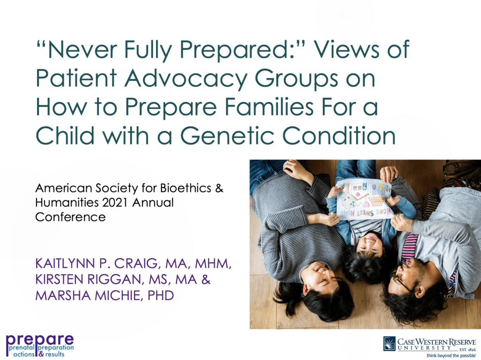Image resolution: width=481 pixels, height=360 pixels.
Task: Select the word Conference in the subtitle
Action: point(70,217)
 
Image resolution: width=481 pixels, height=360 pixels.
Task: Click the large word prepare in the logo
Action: point(40,339)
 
